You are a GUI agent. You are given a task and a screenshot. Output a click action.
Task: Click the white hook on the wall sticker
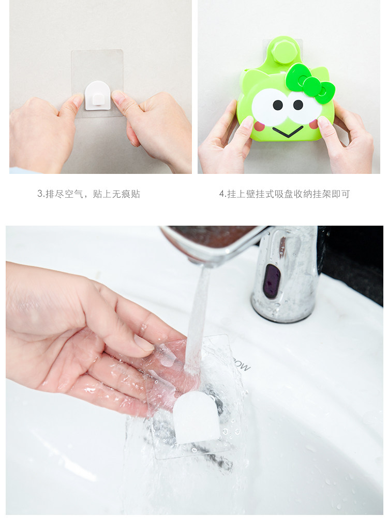(98, 96)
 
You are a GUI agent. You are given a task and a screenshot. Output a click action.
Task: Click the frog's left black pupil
(277, 105)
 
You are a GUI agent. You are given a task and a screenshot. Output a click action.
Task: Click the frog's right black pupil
(298, 105)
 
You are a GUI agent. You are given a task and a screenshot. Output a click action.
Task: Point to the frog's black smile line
(288, 131)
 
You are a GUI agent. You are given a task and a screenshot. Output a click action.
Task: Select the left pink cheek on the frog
(259, 126)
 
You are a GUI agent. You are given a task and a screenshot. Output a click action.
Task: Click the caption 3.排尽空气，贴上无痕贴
(88, 194)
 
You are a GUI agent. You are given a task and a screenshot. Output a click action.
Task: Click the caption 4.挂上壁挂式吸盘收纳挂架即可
(285, 194)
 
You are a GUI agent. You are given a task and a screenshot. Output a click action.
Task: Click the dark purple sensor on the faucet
(272, 281)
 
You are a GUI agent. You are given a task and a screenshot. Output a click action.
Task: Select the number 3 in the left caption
(39, 194)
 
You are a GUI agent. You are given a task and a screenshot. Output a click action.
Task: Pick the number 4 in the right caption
(222, 194)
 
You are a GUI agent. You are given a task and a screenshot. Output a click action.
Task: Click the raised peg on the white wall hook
(98, 99)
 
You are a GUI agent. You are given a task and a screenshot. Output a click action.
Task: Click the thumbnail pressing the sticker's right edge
(117, 96)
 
